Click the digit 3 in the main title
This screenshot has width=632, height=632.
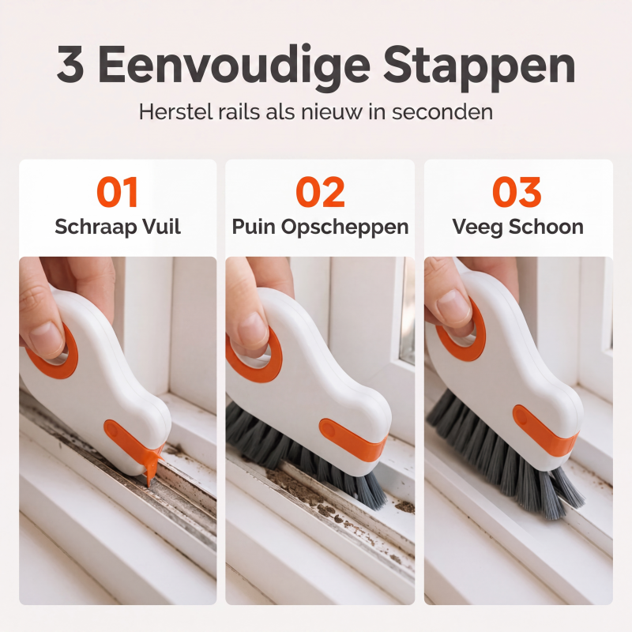[70, 64]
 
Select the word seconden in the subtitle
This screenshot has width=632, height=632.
[442, 111]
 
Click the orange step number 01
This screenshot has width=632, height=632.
[118, 192]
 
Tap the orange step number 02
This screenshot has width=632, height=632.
[320, 192]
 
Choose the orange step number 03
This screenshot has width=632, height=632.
[517, 192]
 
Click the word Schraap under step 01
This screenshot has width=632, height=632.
[96, 227]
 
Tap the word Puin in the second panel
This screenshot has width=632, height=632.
[254, 227]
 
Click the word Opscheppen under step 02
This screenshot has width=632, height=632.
[344, 228]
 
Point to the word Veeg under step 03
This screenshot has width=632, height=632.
[477, 228]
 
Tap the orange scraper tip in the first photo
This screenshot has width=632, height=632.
[152, 464]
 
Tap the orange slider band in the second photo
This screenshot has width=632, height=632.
[352, 441]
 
